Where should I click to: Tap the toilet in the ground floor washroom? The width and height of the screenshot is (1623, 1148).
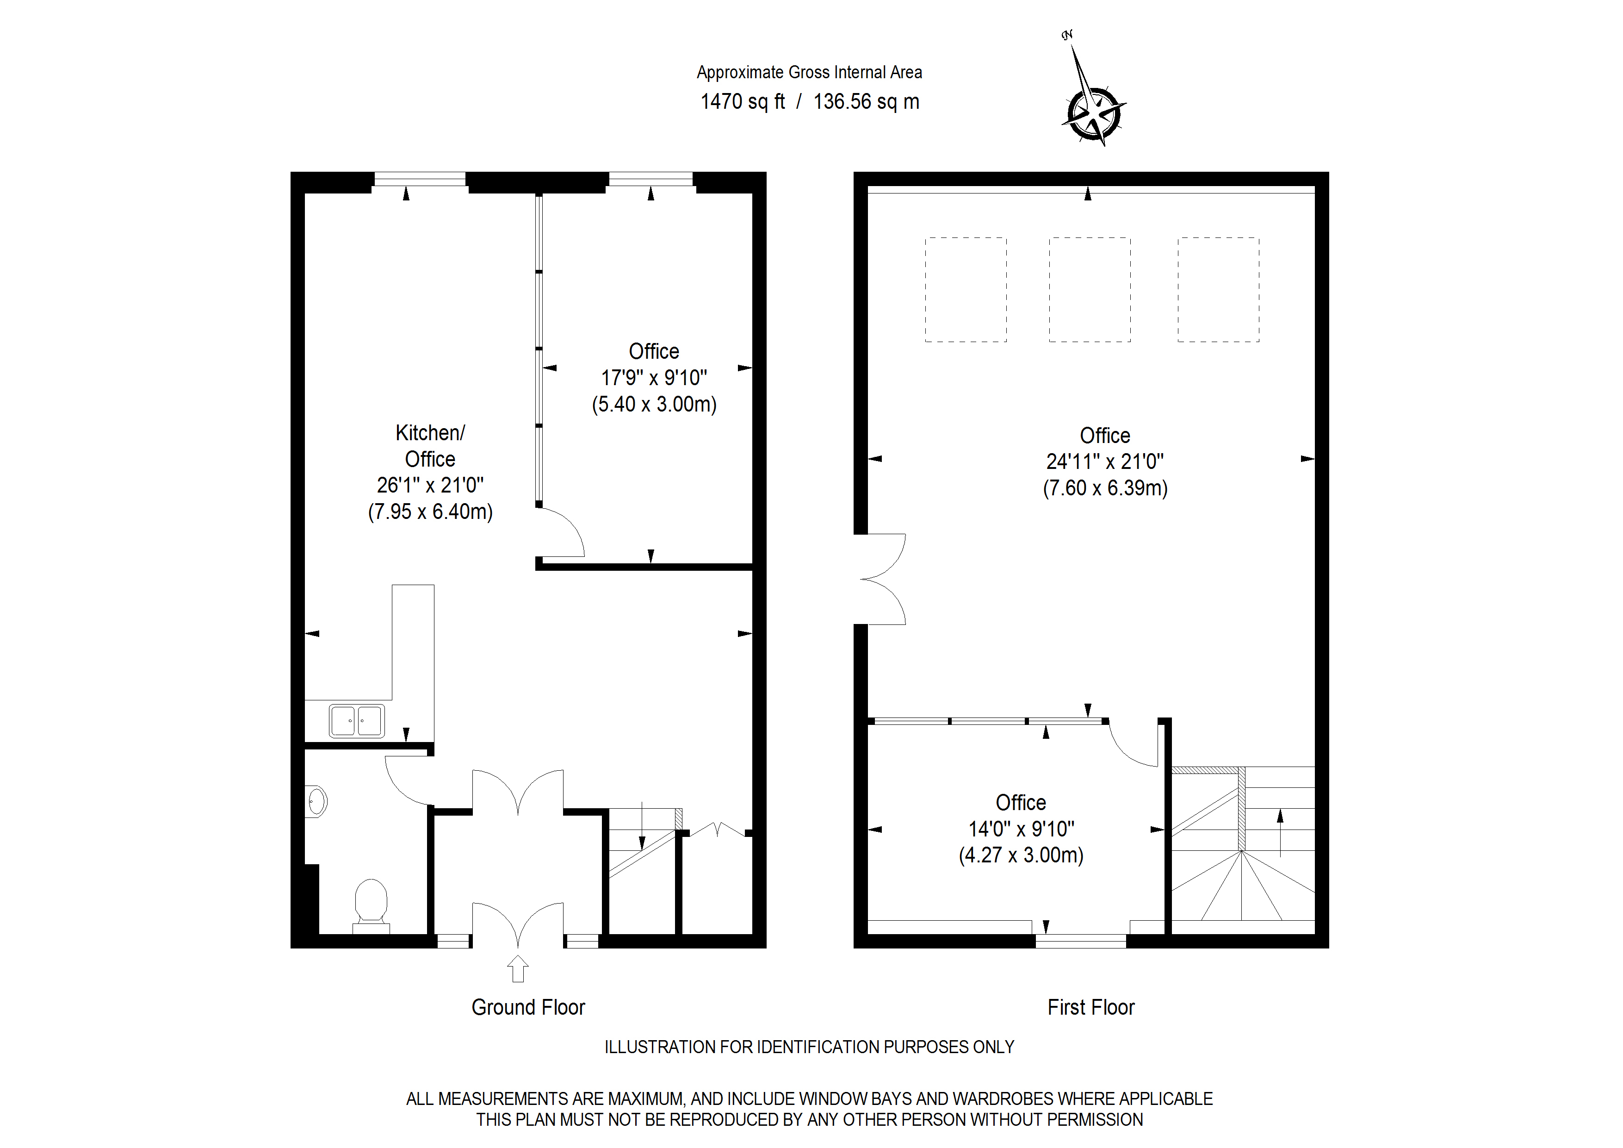pos(371,903)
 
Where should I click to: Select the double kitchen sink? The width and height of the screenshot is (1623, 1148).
pos(357,721)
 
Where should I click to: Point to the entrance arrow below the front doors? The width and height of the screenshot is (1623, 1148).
pos(518,968)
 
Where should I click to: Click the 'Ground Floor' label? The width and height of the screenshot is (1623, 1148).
pos(528,1007)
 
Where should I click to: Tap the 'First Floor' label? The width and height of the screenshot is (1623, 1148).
pos(1091,1007)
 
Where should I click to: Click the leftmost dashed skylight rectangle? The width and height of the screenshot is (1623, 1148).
pos(966,290)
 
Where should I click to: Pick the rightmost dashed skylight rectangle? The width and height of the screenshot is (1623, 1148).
pos(1218,290)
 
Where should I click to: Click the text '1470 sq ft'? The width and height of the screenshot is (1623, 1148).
pos(742,102)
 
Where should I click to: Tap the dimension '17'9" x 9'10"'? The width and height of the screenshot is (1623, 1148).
pos(654,378)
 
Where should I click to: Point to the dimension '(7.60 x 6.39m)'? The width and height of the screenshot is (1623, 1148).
pos(1105,488)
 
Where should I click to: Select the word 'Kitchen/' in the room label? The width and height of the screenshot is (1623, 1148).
pos(430,432)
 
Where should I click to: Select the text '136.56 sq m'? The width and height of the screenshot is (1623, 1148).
pos(866,102)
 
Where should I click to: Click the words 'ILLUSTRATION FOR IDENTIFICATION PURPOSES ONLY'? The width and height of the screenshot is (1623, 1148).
pos(809,1047)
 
